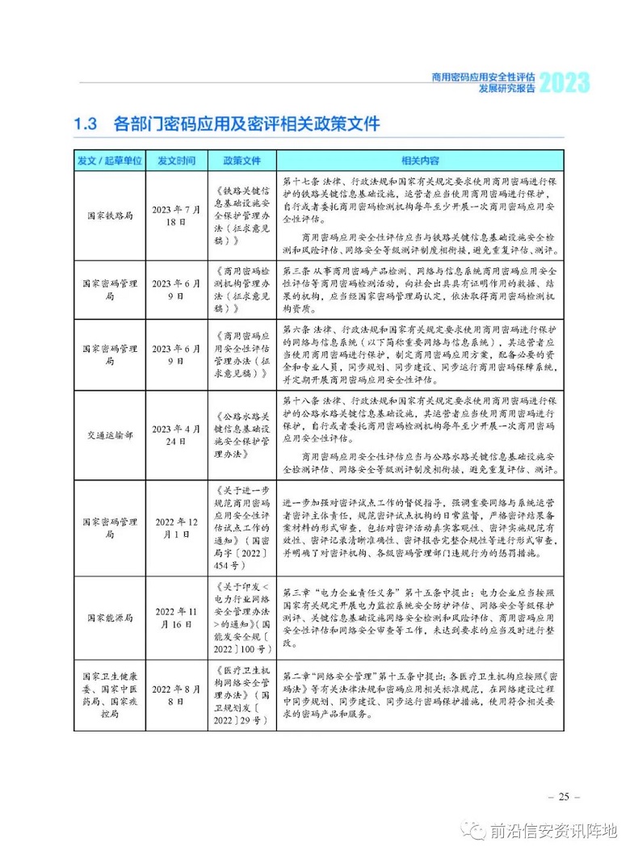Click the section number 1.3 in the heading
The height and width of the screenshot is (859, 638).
(86, 124)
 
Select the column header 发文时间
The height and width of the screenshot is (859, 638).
(176, 160)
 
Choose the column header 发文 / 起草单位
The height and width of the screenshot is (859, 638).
(109, 160)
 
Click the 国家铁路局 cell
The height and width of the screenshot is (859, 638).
(109, 216)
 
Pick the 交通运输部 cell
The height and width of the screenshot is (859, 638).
(109, 437)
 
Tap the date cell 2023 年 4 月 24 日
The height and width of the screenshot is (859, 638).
(176, 437)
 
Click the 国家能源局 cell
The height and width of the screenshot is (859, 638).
(109, 618)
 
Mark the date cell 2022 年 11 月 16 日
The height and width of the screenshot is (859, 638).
(176, 618)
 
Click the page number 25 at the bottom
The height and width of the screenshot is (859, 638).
(563, 797)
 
